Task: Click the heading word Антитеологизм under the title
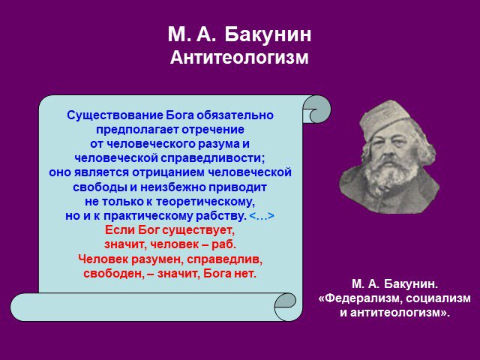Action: tap(239, 57)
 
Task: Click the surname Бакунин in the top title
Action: tap(268, 34)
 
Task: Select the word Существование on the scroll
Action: tap(115, 115)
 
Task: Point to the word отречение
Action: tap(213, 130)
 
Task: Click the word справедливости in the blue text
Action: tap(212, 158)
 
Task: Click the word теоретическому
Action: tap(205, 202)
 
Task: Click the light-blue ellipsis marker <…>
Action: tap(262, 216)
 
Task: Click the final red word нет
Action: tap(245, 273)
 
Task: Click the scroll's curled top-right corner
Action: tap(316, 109)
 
